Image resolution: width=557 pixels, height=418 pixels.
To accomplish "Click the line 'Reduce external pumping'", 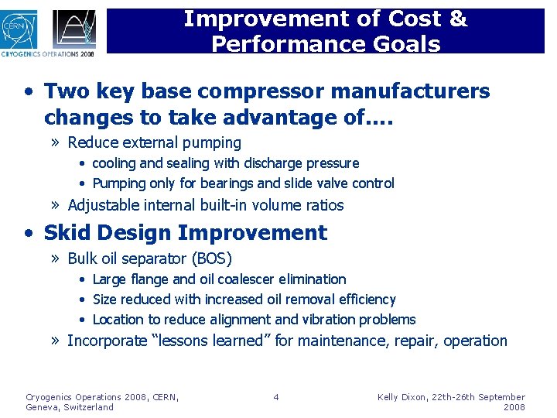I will point(154,142).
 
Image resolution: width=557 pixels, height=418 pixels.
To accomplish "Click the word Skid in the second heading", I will point(69,233).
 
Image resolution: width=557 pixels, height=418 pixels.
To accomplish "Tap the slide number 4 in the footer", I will point(276,397).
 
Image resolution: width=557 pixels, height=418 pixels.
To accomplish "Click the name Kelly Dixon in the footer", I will point(405,397).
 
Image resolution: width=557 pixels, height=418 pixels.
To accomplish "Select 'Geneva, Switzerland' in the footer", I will point(69,407).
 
